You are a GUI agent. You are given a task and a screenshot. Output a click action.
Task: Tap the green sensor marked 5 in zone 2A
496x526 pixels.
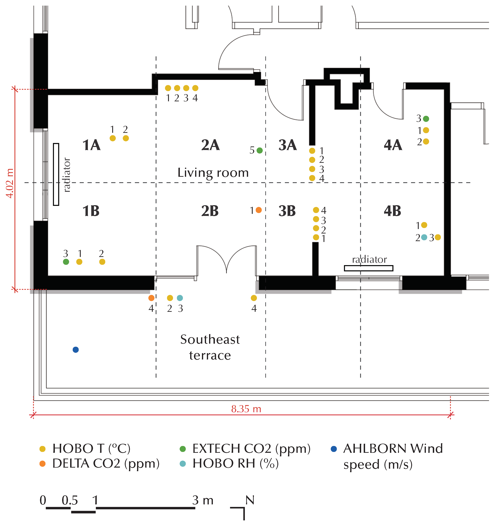[x=260, y=151]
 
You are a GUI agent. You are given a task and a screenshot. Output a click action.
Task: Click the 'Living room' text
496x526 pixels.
[x=213, y=173]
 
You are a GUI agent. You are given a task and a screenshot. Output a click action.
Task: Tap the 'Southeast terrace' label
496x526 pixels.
[x=210, y=347]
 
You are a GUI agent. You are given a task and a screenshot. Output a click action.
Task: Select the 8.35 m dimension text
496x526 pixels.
[x=246, y=409]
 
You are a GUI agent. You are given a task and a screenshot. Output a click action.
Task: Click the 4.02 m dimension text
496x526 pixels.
[x=10, y=183]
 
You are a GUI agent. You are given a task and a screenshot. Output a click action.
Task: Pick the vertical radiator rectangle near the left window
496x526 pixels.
[x=56, y=174]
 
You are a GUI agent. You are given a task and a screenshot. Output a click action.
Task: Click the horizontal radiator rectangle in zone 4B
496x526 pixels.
[x=368, y=268]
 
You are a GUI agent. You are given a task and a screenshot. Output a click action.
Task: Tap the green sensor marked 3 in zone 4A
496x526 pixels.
[x=426, y=119]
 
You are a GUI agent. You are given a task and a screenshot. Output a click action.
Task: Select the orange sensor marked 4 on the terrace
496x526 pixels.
[x=151, y=298]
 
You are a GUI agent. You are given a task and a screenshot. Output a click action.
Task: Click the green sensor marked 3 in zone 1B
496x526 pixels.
[x=66, y=262]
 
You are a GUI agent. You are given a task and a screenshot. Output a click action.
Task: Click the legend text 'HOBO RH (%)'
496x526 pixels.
[x=235, y=464]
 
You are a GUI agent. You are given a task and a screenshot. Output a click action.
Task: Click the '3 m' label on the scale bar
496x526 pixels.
[x=203, y=500]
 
